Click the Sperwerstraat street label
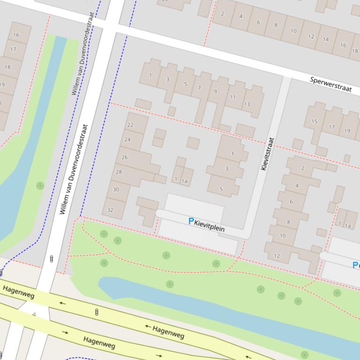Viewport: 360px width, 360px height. [x=331, y=85]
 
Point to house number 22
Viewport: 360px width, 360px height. [x=130, y=125]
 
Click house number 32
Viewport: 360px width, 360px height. [x=110, y=210]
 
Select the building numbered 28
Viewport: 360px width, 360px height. [x=118, y=172]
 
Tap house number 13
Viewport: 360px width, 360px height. [x=247, y=104]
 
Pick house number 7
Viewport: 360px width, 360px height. [x=199, y=88]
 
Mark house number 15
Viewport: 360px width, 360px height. [x=314, y=122]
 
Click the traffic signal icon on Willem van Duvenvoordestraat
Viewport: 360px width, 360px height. [x=51, y=259]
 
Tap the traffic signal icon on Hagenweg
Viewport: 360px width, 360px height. [x=96, y=312]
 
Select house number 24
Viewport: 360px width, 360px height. [x=127, y=139]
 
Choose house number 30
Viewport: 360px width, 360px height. [x=116, y=189]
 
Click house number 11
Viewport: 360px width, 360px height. [x=233, y=97]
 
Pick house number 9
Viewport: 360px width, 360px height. [x=215, y=91]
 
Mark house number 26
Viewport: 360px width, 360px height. [x=125, y=157]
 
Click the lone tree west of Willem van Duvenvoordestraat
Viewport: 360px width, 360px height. [x=40, y=186]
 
